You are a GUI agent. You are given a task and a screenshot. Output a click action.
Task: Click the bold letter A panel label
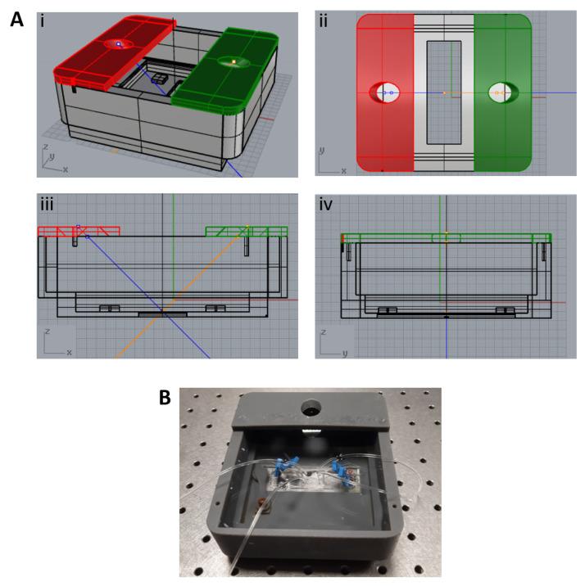[17, 20]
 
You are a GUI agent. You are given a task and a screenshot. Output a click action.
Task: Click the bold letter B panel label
[165, 398]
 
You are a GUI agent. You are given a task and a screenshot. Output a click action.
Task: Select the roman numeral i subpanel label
[43, 21]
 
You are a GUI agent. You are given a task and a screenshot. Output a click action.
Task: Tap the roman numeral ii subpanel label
[324, 21]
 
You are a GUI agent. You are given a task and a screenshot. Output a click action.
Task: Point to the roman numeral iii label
[47, 205]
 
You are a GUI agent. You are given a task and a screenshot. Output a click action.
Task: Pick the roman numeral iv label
[325, 205]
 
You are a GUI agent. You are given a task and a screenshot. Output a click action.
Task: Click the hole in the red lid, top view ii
[384, 92]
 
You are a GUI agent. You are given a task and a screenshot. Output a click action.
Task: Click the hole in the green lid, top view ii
[503, 92]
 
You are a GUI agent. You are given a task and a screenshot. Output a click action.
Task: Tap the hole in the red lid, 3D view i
[119, 44]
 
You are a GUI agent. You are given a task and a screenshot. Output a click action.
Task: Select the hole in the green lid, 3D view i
[234, 61]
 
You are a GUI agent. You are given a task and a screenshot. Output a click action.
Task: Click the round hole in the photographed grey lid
[311, 407]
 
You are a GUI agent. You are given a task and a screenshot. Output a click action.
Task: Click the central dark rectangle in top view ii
[444, 92]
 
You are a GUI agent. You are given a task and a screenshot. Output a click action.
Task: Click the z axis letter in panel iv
[324, 332]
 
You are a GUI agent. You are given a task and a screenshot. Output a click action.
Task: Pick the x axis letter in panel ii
[344, 171]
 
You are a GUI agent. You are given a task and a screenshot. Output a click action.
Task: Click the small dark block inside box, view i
[160, 78]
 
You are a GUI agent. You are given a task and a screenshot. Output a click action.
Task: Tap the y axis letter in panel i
[52, 156]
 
